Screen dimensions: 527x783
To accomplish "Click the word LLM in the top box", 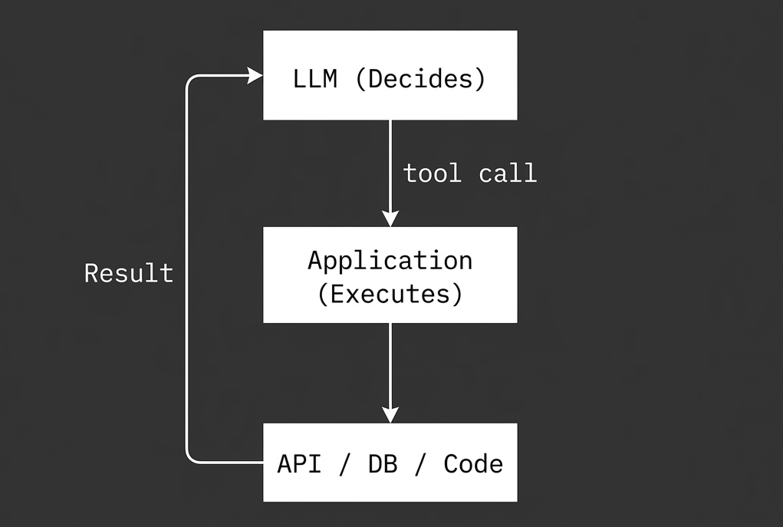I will [x=314, y=79].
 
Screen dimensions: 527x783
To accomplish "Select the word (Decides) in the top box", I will [x=420, y=79].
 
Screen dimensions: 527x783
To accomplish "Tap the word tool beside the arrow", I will [x=433, y=173].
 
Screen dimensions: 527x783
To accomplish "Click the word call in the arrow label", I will [x=508, y=173].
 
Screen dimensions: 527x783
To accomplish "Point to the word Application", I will [x=390, y=261].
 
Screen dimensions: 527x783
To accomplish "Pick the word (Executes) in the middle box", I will [x=390, y=295].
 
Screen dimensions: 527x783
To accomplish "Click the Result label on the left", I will [x=129, y=273].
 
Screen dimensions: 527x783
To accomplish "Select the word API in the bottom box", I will [x=299, y=464].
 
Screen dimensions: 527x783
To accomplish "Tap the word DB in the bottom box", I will [x=383, y=464].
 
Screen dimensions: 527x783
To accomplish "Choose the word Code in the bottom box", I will [x=473, y=464].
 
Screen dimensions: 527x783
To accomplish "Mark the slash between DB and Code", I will [x=420, y=464].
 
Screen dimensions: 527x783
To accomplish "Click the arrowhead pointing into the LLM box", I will [x=255, y=75].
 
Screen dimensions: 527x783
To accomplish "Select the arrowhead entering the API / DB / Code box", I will [x=390, y=414].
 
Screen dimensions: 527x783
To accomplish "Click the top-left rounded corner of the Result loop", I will [x=191, y=80].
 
